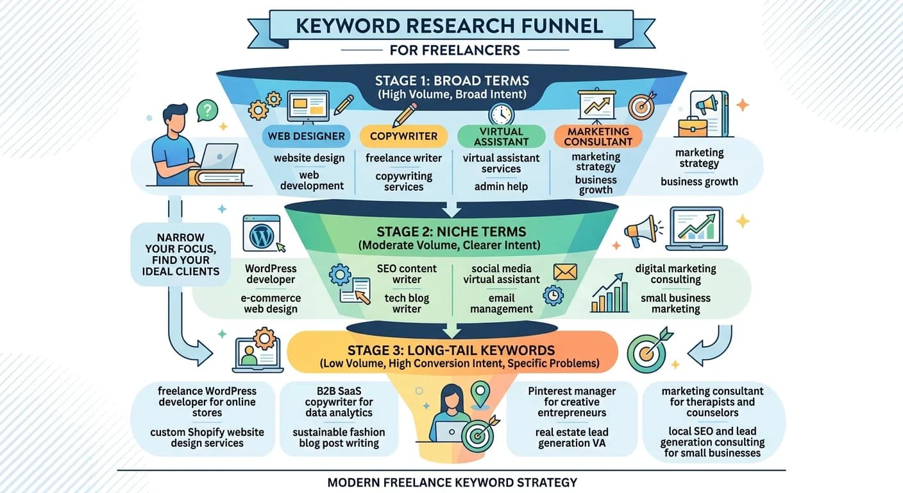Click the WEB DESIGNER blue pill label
[x=306, y=136]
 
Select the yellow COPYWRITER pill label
[x=403, y=136]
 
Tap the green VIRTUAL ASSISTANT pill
[x=501, y=136]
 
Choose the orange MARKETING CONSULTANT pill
[x=598, y=136]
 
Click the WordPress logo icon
[x=261, y=236]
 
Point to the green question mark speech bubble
[x=207, y=110]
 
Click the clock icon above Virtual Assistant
[x=501, y=114]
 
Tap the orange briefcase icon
[x=692, y=126]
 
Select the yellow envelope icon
[x=565, y=272]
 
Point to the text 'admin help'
[x=501, y=186]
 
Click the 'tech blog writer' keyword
[x=407, y=304]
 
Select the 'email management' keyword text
[x=502, y=304]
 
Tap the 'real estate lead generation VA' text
[x=571, y=438]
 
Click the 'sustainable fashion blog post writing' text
[x=339, y=438]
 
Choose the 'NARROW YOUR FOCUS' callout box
[x=181, y=254]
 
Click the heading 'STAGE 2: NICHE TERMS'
[x=451, y=232]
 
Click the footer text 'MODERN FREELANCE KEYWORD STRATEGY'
[x=452, y=483]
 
